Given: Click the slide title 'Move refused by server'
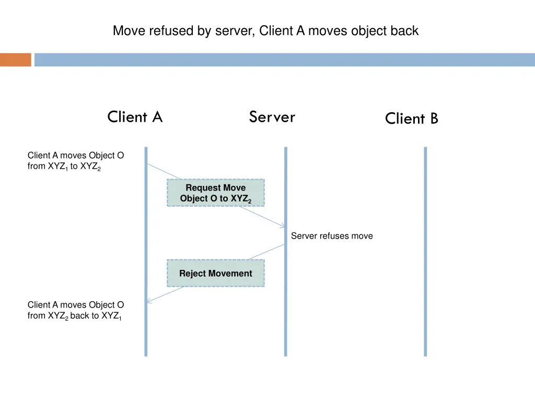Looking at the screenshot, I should [x=265, y=31].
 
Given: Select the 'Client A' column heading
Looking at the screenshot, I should [x=135, y=117].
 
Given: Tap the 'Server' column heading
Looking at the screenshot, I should [x=272, y=117].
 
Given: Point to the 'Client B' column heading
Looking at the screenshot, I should [x=412, y=119].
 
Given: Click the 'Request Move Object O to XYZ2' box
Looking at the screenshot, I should [x=215, y=193].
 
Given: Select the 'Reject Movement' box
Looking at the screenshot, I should [x=215, y=273].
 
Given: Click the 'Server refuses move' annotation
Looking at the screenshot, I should [x=332, y=236].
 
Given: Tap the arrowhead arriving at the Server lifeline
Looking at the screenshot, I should [x=282, y=226].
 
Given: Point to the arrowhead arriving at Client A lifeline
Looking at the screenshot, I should [x=149, y=301].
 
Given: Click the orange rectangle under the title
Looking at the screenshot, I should [x=16, y=60].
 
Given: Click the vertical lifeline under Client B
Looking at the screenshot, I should [x=425, y=251].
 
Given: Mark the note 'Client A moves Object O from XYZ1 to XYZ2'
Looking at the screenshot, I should [x=76, y=161].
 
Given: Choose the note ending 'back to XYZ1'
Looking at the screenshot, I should [x=76, y=310].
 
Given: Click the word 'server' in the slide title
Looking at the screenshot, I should [x=237, y=31].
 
